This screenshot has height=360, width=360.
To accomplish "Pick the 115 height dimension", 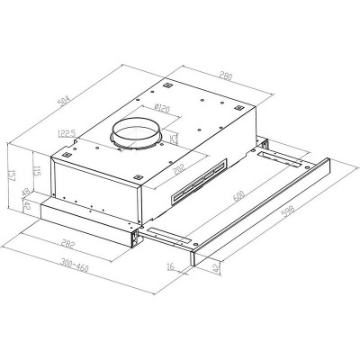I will (x=34, y=172).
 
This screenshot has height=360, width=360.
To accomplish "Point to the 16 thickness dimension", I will (x=171, y=268).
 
